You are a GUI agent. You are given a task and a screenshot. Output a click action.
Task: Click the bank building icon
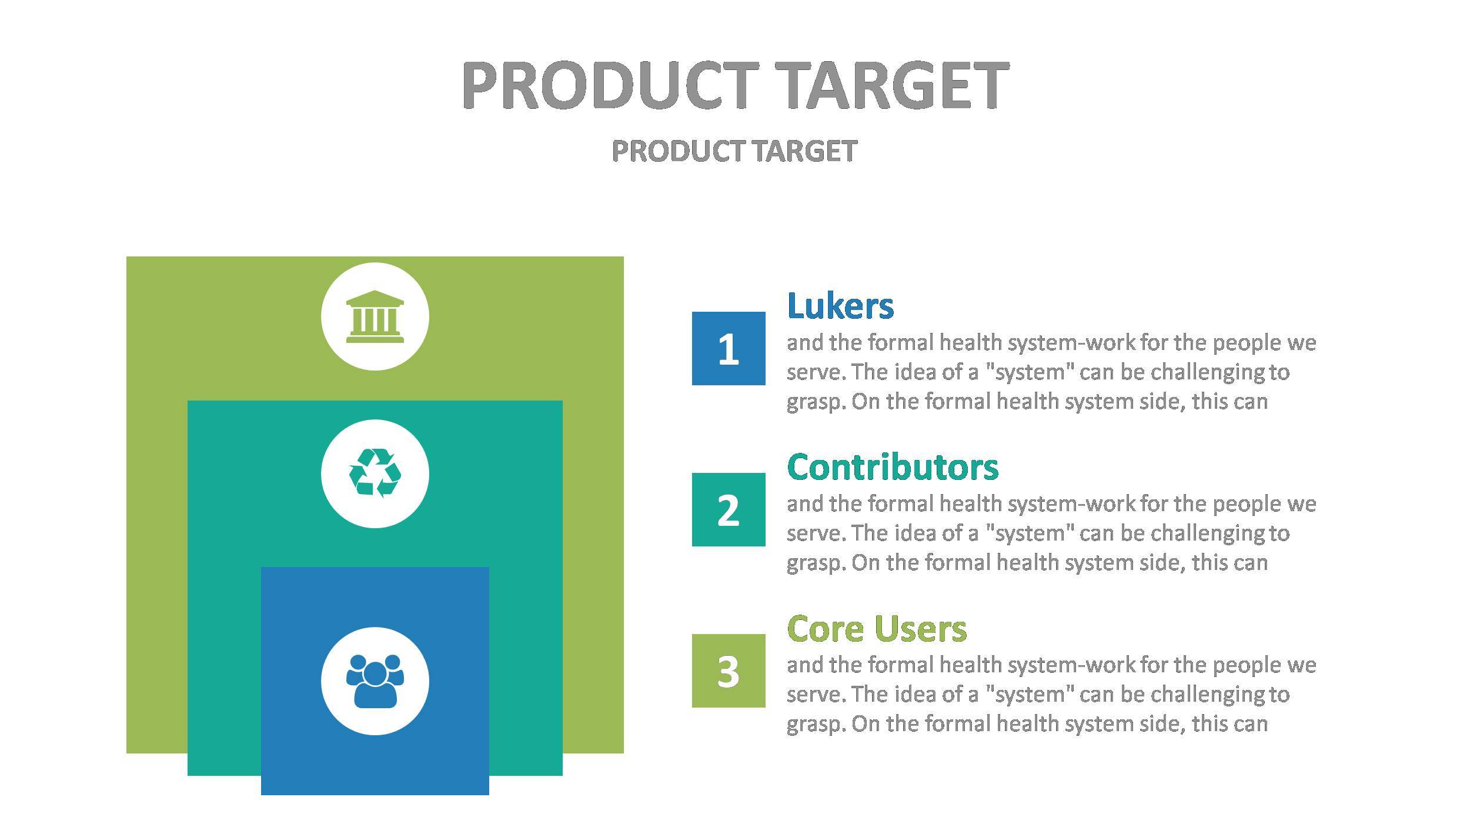click(x=375, y=316)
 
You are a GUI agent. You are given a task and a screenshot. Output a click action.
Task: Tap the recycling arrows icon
click(x=375, y=473)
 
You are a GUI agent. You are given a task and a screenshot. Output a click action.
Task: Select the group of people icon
click(x=375, y=681)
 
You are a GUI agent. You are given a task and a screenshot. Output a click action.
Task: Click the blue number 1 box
click(x=729, y=348)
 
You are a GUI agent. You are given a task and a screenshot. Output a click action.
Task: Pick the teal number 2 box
click(x=729, y=509)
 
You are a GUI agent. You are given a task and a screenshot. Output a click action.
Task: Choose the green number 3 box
click(x=729, y=671)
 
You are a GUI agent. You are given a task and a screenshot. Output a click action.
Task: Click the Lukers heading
click(x=840, y=306)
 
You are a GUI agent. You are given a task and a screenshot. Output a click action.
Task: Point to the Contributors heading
click(x=893, y=467)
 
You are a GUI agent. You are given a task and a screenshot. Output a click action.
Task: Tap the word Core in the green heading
click(x=824, y=628)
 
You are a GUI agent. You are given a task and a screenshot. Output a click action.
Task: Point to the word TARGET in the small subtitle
click(x=804, y=151)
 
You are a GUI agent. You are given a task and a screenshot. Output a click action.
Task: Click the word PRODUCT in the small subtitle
click(x=679, y=151)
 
